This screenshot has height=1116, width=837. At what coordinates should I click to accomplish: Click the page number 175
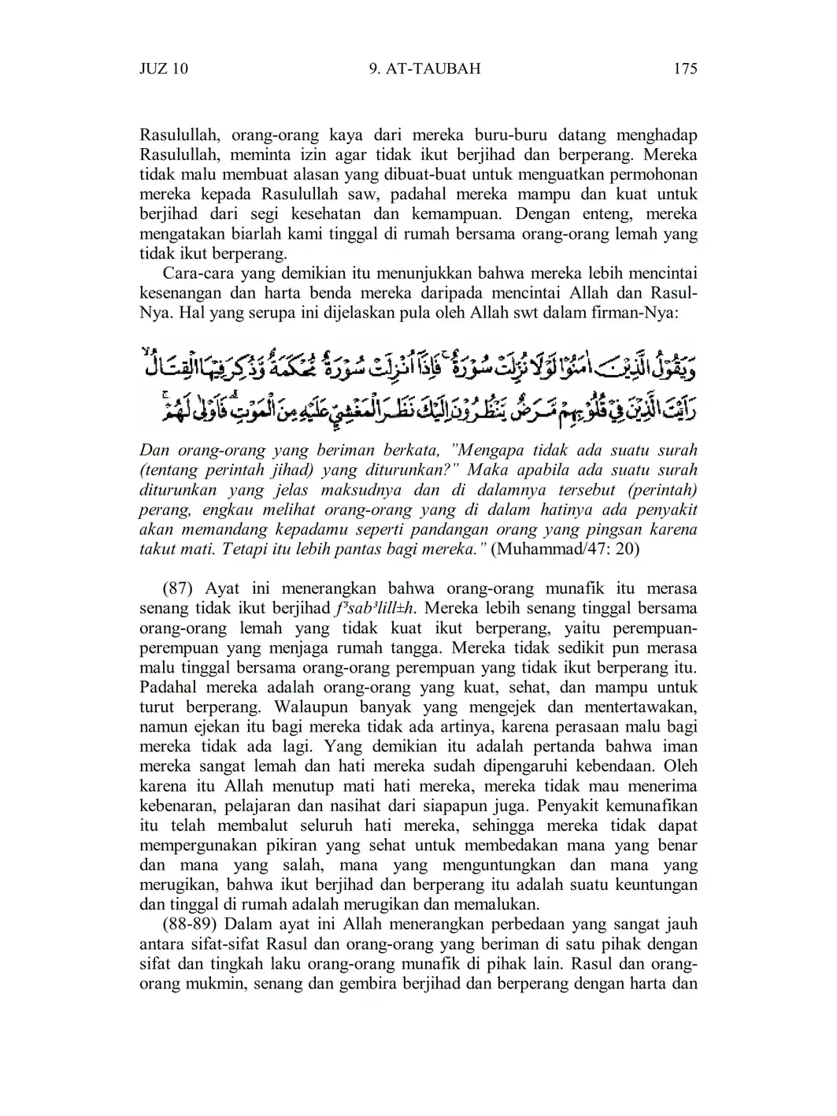(685, 69)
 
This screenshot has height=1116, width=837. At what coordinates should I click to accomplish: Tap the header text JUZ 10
(164, 69)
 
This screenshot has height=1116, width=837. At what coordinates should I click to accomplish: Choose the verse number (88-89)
(189, 924)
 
